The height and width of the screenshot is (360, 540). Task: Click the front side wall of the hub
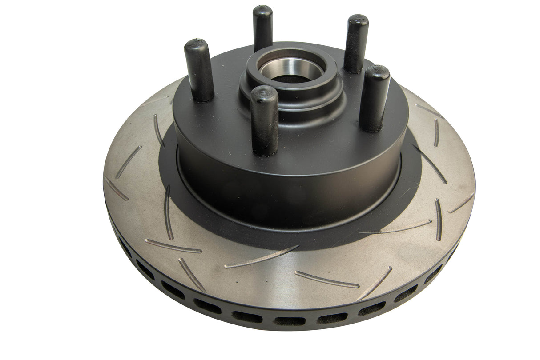[289, 178]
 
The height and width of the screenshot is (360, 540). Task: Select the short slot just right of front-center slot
[326, 279]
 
